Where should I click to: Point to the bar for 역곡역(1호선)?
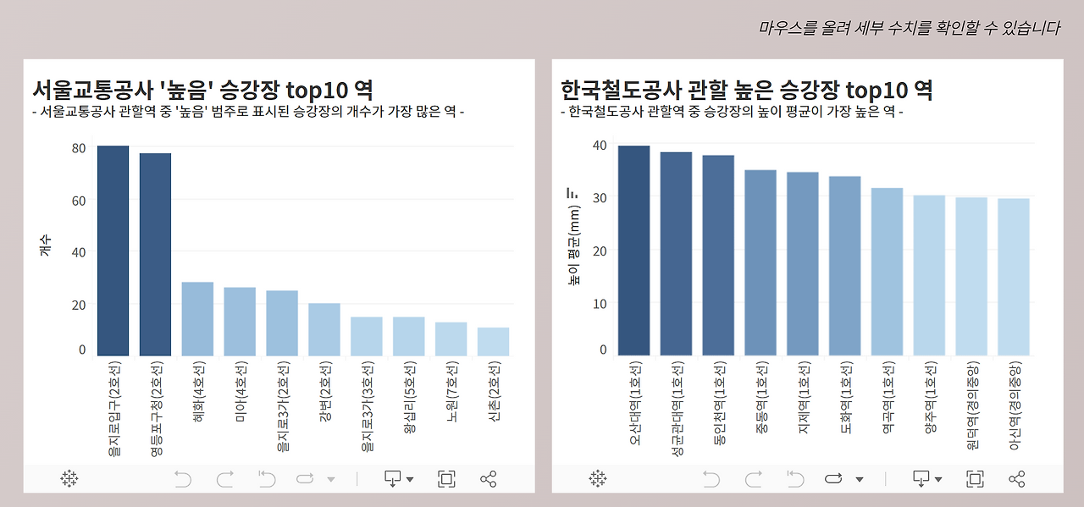(887, 272)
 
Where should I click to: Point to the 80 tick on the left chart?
(79, 148)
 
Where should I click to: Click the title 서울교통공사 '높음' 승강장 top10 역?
(202, 90)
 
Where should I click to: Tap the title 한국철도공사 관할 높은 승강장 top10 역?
(746, 90)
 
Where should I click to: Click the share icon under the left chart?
(488, 479)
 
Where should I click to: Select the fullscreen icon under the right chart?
(975, 479)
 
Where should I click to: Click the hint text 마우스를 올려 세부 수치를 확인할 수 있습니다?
(909, 28)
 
